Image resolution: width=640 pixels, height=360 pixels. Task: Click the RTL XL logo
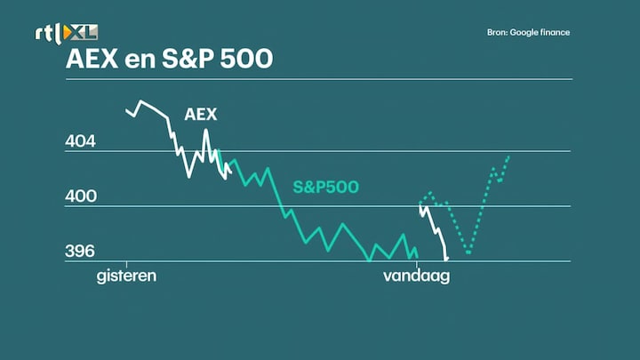tap(66, 33)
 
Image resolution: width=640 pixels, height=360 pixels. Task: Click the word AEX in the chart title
tap(92, 59)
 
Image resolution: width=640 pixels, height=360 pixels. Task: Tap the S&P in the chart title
tap(188, 59)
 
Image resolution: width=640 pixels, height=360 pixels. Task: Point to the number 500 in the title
tap(246, 59)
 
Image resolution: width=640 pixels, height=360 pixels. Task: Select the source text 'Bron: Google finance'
tap(528, 33)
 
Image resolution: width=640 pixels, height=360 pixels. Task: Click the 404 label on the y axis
tap(80, 141)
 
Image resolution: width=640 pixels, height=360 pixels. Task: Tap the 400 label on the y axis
tap(81, 196)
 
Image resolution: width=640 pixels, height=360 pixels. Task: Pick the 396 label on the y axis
tap(80, 251)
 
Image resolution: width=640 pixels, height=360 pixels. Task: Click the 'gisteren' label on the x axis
tap(126, 276)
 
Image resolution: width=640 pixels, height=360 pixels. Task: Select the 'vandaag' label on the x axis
tap(416, 276)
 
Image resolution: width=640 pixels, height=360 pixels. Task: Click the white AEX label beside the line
tap(200, 115)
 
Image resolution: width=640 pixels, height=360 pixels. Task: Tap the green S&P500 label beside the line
tap(325, 187)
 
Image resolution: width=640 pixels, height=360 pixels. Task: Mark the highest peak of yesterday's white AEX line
tap(141, 100)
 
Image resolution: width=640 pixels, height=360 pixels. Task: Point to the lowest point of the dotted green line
tap(468, 253)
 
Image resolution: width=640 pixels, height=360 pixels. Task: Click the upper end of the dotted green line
tap(509, 156)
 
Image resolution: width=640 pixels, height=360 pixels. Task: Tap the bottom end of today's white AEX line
tap(446, 259)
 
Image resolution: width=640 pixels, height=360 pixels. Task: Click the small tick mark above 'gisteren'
tap(126, 265)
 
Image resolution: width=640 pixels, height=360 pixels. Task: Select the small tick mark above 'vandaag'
tap(416, 265)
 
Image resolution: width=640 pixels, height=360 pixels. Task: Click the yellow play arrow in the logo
tap(67, 33)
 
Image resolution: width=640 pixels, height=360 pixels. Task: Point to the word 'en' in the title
tap(140, 60)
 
